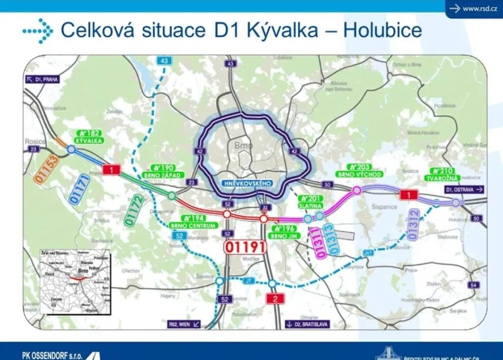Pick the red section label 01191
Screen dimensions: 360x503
[x=245, y=247]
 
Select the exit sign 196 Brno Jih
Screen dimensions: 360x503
[x=283, y=232]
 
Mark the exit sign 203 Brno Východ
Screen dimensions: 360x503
[x=359, y=170]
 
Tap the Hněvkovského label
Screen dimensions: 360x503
[x=247, y=183]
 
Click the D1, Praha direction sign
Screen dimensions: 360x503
[x=42, y=79]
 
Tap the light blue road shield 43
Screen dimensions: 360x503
[x=164, y=61]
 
